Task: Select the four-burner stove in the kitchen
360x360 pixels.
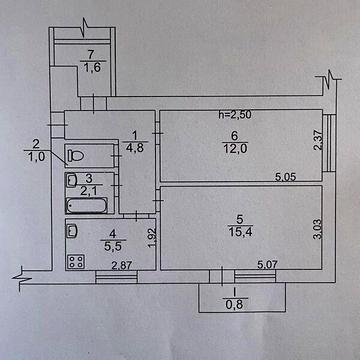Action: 74,261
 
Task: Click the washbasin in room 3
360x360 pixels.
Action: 71,181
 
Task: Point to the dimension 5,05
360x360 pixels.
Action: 289,179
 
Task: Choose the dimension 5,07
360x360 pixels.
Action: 269,265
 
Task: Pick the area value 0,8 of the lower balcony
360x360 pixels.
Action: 236,305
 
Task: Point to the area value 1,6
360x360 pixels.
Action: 92,67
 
